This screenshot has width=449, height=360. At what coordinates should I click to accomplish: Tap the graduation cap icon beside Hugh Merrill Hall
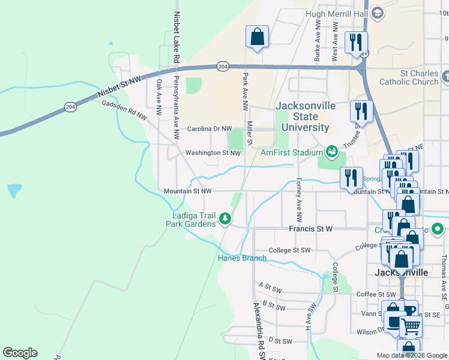(377, 13)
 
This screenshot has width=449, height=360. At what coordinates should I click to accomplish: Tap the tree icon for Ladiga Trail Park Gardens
(225, 218)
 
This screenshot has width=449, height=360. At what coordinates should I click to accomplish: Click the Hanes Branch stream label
(242, 258)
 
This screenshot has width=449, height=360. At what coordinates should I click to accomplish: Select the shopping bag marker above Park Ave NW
(257, 37)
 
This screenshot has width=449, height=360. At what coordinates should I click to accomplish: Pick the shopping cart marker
(410, 326)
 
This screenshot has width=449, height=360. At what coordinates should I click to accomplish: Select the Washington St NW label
(212, 152)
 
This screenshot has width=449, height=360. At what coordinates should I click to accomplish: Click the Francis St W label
(310, 229)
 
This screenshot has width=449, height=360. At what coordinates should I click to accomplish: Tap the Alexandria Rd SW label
(259, 330)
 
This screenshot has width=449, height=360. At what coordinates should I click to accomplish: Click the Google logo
(20, 352)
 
